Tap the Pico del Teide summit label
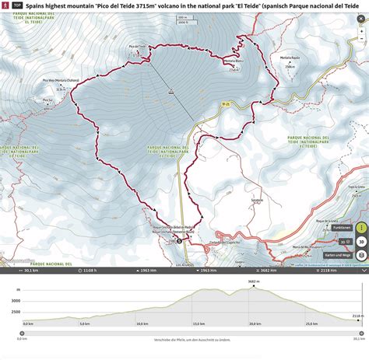138,46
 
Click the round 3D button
362,241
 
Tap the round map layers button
362,254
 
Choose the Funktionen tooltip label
341,228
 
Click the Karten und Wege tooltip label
339,254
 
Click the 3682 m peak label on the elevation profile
253,281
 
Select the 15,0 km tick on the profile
198,323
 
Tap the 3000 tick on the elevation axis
16,299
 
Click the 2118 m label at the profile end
357,315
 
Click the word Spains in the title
37,5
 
